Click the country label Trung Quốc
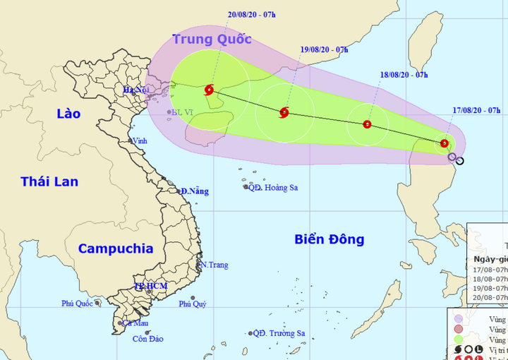[x=212, y=39]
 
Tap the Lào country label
[x=68, y=114]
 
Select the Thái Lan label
[x=49, y=181]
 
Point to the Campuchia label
[x=116, y=248]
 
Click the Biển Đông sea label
[x=329, y=240]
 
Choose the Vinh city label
[x=140, y=141]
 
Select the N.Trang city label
[x=214, y=265]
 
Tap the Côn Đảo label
[x=148, y=339]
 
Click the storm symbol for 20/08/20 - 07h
[x=208, y=90]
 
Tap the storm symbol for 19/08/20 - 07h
[x=284, y=112]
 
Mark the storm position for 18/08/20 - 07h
[x=367, y=124]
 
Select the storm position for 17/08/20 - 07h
[x=444, y=143]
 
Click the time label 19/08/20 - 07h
[x=324, y=49]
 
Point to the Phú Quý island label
[x=193, y=304]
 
